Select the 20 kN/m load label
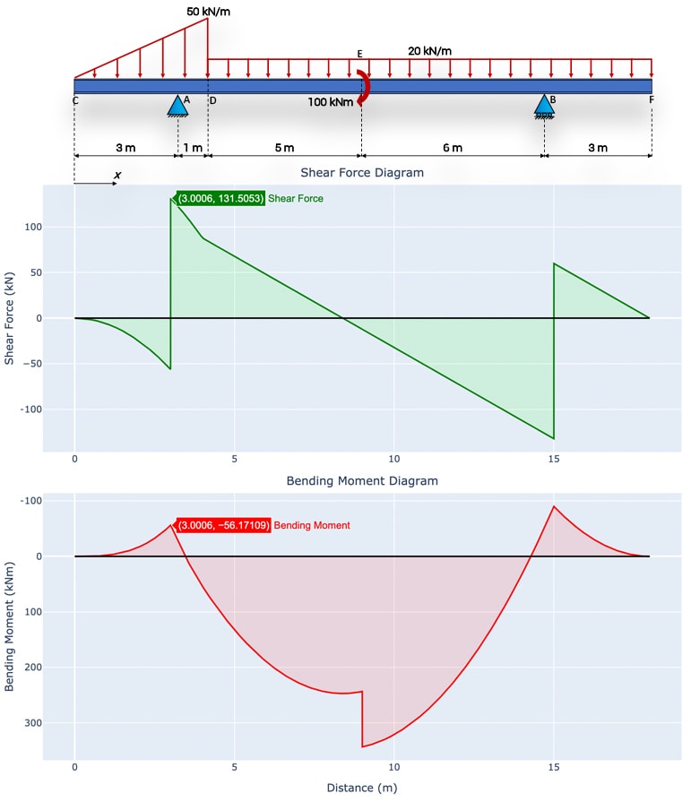(429, 51)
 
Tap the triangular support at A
(177, 106)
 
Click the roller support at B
(544, 106)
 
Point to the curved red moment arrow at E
(361, 87)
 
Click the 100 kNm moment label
(330, 102)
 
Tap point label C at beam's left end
(75, 100)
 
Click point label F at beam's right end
(652, 100)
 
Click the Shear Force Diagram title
(362, 172)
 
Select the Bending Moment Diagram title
(362, 481)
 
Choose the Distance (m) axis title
(362, 788)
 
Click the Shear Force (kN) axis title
(11, 318)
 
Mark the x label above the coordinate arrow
(117, 176)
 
